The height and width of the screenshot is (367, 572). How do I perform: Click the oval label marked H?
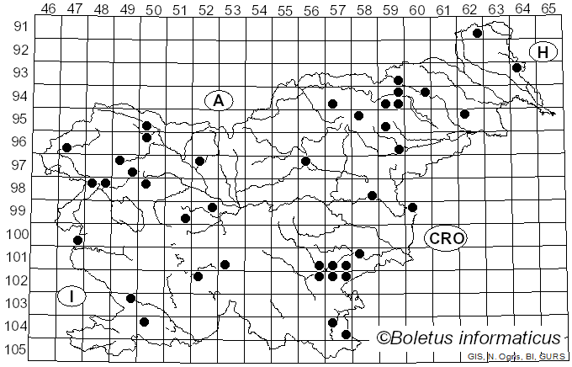pyautogui.click(x=543, y=52)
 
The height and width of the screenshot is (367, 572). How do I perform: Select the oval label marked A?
pyautogui.click(x=219, y=101)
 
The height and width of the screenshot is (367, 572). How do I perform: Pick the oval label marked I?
pyautogui.click(x=72, y=296)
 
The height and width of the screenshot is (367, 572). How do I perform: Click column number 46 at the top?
pyautogui.click(x=49, y=9)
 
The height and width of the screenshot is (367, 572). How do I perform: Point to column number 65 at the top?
pyautogui.click(x=548, y=9)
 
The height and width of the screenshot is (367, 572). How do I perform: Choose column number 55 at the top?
pyautogui.click(x=285, y=9)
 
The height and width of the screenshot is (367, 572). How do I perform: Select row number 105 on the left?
pyautogui.click(x=19, y=349)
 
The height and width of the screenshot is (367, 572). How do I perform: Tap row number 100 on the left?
pyautogui.click(x=19, y=234)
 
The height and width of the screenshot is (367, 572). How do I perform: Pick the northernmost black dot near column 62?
pyautogui.click(x=477, y=34)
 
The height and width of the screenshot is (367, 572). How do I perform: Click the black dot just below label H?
pyautogui.click(x=517, y=67)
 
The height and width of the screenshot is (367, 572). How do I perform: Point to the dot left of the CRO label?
pyautogui.click(x=412, y=207)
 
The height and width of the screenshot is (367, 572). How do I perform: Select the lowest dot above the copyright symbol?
pyautogui.click(x=346, y=334)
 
